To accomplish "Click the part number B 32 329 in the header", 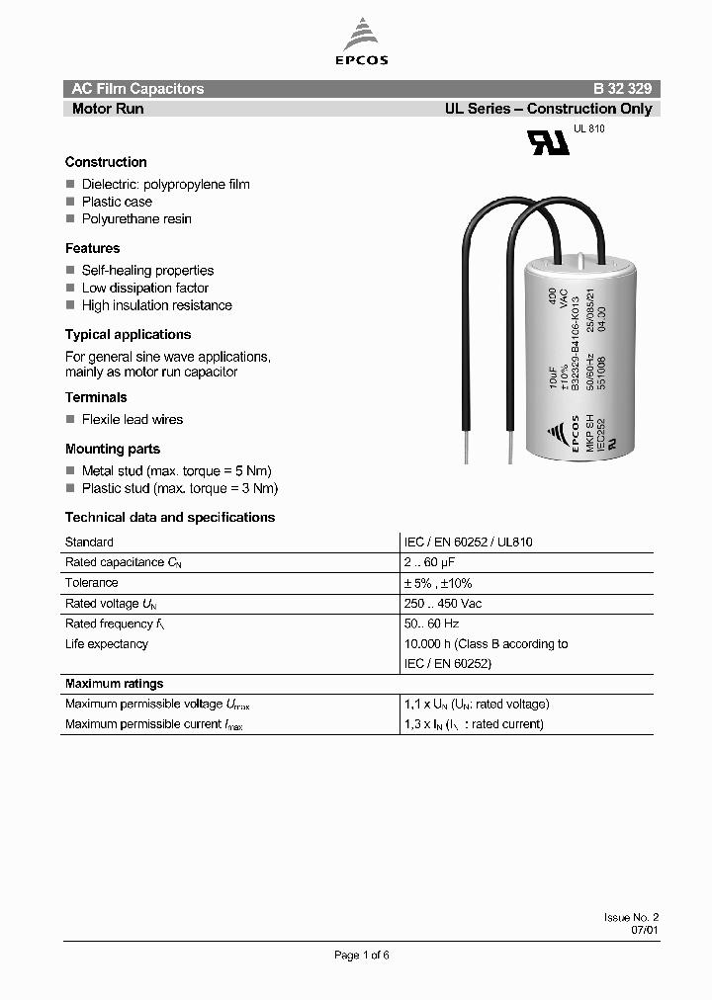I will (621, 89).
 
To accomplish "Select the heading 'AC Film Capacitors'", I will (137, 89).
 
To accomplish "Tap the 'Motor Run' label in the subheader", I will (108, 109).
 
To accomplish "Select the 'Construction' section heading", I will (106, 162).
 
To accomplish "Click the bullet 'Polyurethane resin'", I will (136, 218).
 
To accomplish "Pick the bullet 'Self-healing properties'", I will (147, 270).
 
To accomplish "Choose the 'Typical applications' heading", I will (128, 334).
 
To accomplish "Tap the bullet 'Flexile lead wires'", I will (132, 419).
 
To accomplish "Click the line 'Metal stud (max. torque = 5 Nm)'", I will (176, 470).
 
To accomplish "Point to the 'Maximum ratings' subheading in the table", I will (114, 684).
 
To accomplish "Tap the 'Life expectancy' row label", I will (106, 644).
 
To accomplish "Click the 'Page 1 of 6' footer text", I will (362, 955).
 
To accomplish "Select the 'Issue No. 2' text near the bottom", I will (630, 917).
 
